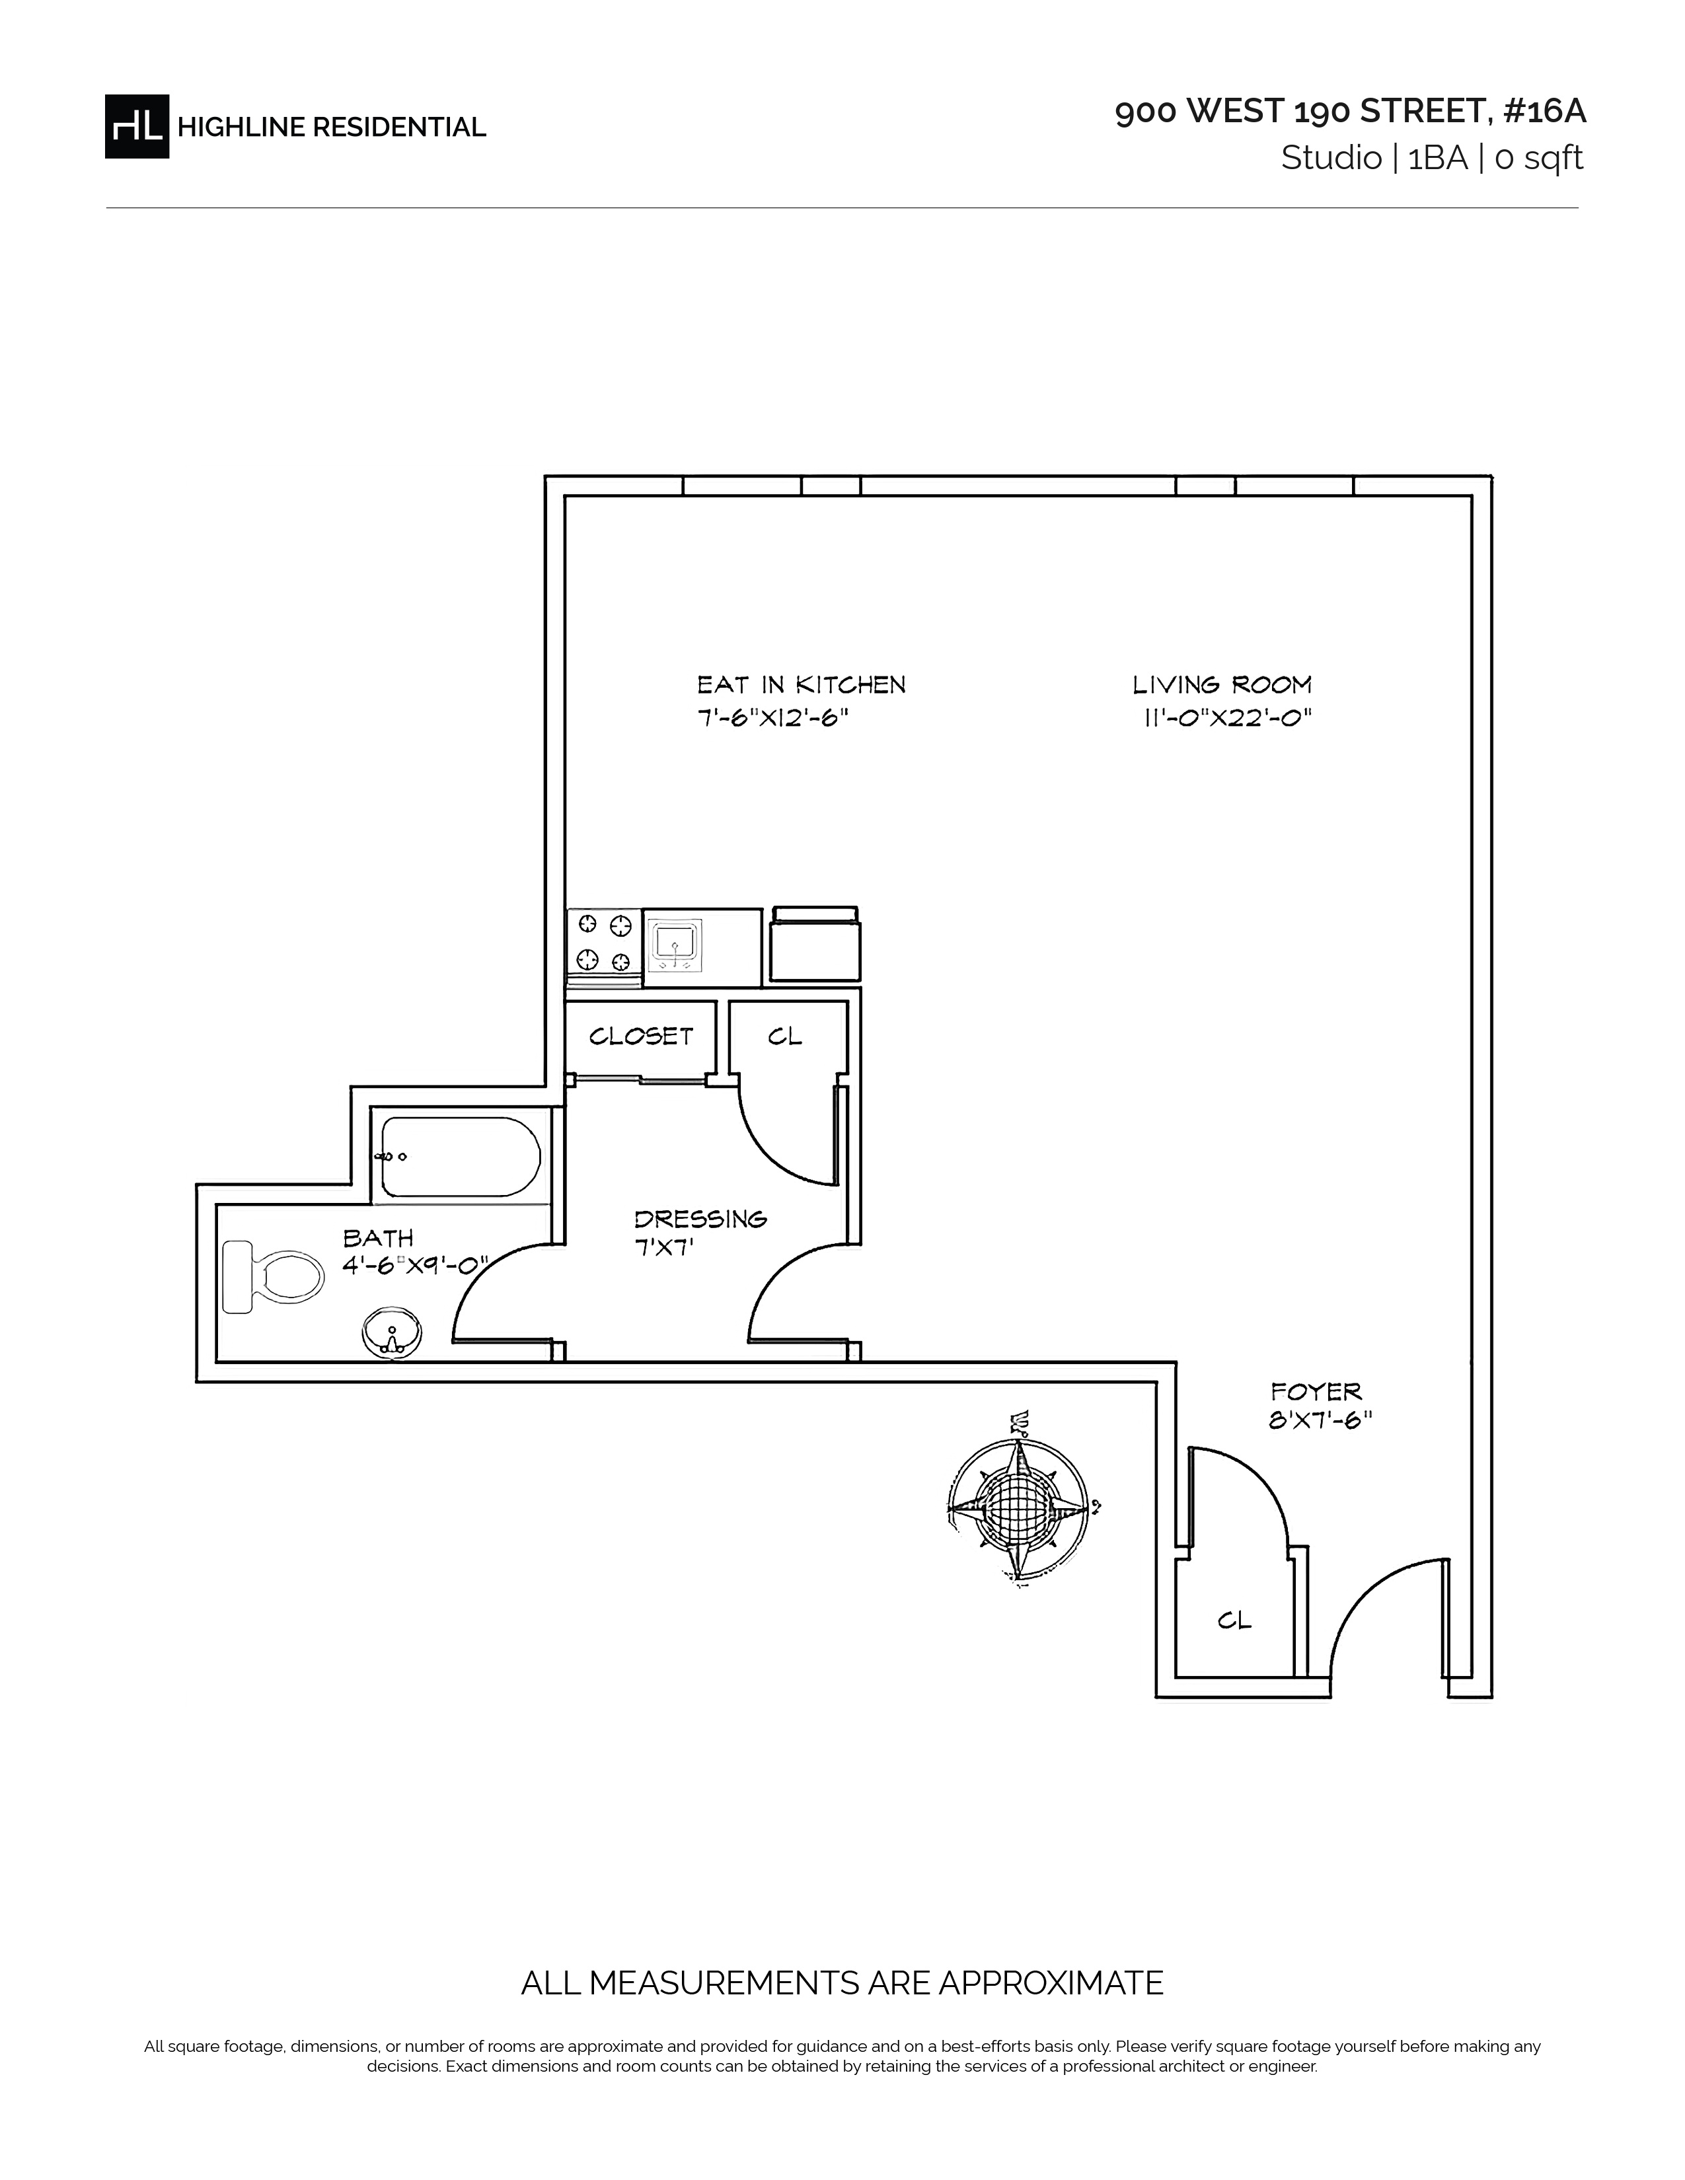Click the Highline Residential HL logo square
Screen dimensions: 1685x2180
137,126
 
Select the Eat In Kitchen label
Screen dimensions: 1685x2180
802,685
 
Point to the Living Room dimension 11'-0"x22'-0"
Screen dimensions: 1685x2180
1227,717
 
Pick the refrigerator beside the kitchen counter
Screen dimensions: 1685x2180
815,945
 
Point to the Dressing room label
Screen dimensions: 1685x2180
700,1219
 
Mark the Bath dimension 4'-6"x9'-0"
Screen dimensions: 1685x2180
415,1266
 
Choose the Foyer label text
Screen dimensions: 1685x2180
1316,1391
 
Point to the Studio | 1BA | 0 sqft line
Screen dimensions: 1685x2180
1433,158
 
